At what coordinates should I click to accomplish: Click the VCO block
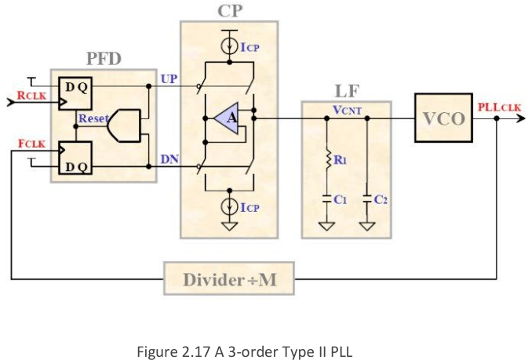(443, 118)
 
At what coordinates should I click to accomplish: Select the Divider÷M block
(229, 279)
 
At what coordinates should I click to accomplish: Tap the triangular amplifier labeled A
(227, 118)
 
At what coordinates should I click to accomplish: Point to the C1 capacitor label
(340, 200)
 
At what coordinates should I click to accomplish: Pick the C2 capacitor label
(381, 200)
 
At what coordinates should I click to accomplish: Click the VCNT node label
(348, 110)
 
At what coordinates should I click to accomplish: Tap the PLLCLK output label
(500, 107)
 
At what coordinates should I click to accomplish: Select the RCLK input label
(31, 96)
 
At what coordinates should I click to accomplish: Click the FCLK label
(31, 144)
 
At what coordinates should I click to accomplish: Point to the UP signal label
(169, 78)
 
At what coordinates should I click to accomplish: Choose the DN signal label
(169, 159)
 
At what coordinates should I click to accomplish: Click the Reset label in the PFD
(93, 118)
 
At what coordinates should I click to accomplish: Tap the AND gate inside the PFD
(124, 125)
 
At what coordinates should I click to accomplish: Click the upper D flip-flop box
(75, 93)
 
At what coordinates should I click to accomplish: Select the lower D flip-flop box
(75, 158)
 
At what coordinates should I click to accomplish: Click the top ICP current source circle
(230, 47)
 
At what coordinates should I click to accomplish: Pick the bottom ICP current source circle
(230, 206)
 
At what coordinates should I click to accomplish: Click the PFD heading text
(104, 59)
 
